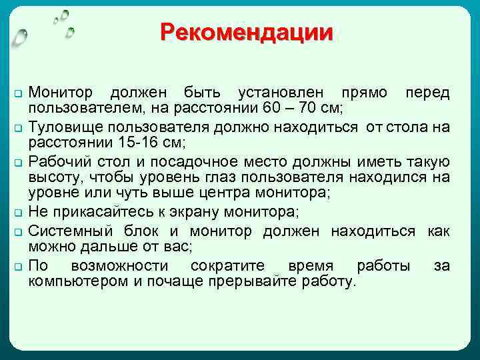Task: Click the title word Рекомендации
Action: tap(246, 33)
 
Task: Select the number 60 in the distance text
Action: tap(270, 108)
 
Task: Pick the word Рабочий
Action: tap(61, 162)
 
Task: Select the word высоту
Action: tap(51, 177)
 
